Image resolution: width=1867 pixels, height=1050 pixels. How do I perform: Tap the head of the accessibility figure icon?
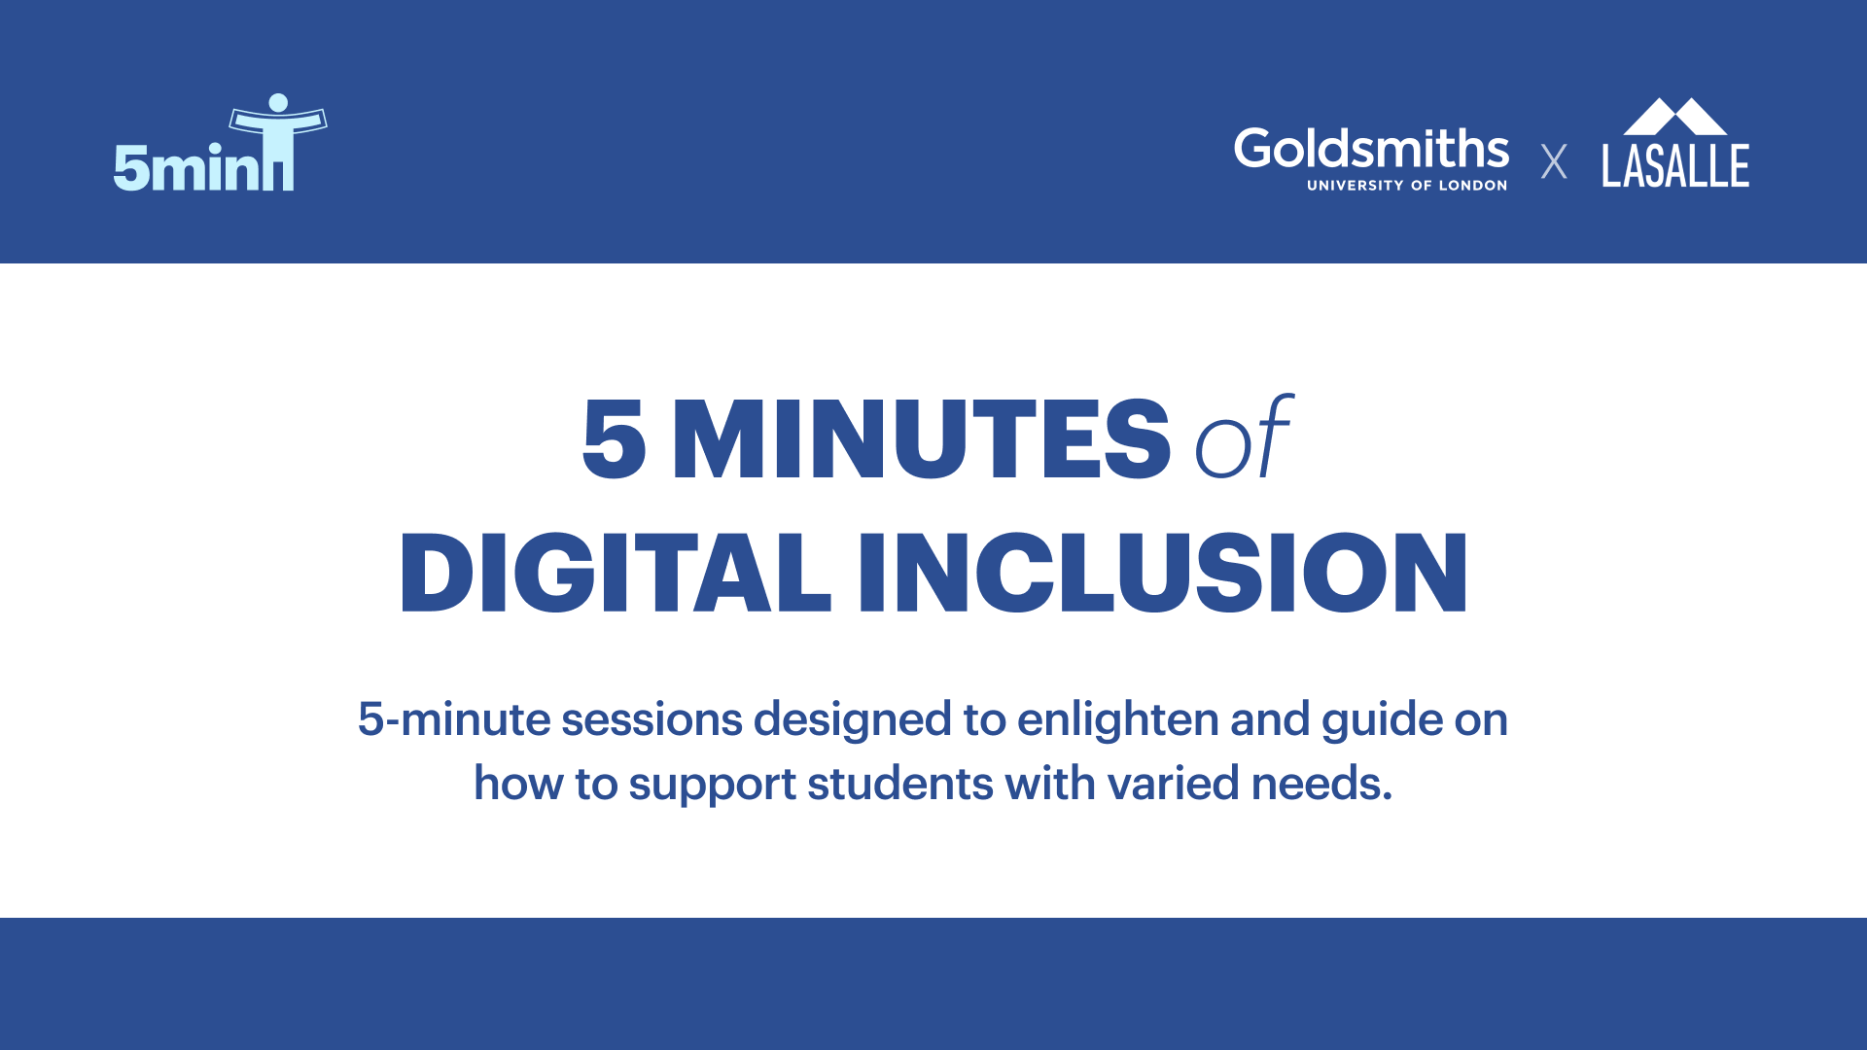pos(278,103)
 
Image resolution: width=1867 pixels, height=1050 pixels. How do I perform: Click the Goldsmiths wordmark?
pos(1371,149)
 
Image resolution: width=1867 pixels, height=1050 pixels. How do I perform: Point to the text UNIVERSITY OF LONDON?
pos(1406,186)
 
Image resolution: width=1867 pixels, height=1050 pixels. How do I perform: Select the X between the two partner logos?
pos(1554,161)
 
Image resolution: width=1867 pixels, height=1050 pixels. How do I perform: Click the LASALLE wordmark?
pos(1675,165)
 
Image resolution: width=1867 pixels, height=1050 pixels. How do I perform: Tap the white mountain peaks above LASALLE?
pos(1674,117)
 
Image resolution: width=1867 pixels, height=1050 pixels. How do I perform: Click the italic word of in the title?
pos(1242,440)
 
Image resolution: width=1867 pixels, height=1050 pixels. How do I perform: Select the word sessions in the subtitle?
pos(652,719)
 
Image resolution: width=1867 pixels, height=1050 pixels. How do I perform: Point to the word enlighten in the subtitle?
pos(1117,719)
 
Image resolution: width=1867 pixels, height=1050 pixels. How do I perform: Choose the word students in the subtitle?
pos(899,783)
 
